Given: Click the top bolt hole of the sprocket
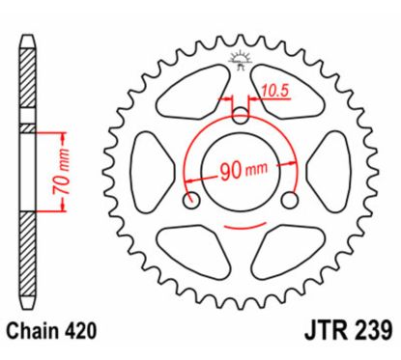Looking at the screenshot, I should tap(241, 116).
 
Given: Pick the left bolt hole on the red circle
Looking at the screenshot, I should tap(191, 202).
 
